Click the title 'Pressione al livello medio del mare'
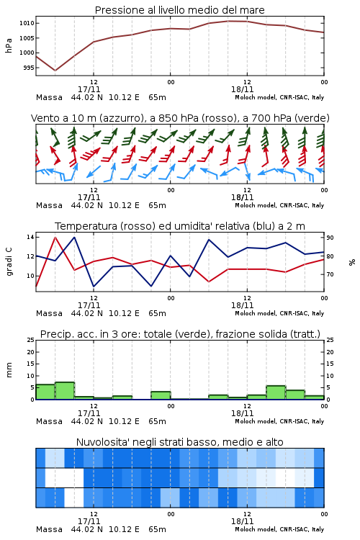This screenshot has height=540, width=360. (179, 10)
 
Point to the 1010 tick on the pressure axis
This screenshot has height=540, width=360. (26, 24)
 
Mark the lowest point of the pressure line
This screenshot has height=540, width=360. (55, 71)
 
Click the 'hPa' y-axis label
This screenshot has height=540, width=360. (9, 45)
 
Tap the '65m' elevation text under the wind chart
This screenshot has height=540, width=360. (157, 205)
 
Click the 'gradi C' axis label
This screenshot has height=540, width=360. (9, 262)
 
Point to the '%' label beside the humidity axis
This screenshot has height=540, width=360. (352, 262)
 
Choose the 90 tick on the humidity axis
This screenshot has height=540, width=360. (330, 238)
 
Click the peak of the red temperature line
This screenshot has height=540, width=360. (55, 237)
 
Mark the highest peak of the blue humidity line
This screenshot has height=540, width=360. (74, 237)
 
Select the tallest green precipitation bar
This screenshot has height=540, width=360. (65, 391)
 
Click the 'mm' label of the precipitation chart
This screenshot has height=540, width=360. (9, 370)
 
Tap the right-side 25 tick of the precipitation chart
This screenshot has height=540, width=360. (330, 340)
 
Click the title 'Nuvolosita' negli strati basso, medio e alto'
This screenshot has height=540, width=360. (179, 442)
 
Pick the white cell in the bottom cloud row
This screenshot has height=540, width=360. (74, 498)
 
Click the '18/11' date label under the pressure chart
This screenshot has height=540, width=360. (242, 89)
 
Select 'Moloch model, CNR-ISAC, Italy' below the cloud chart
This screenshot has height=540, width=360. (279, 529)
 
